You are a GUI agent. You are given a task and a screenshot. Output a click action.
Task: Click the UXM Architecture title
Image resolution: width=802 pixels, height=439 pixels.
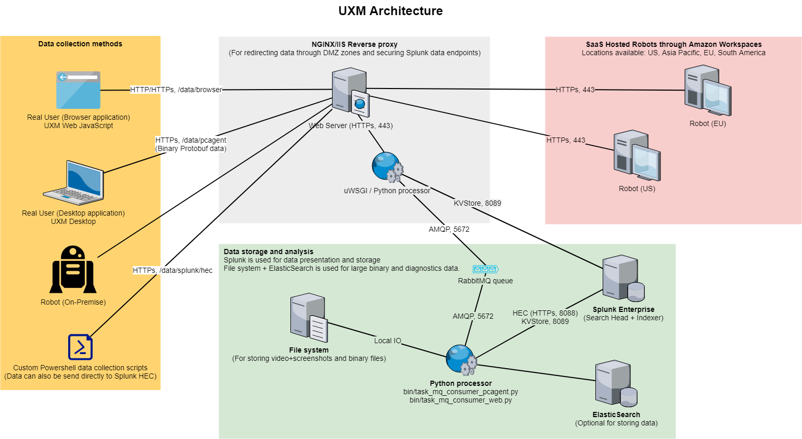[390, 11]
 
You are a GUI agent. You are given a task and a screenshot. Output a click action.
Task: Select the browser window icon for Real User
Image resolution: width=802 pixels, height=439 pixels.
[78, 90]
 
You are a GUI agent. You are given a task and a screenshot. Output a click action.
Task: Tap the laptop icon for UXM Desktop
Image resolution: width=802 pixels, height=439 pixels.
[74, 183]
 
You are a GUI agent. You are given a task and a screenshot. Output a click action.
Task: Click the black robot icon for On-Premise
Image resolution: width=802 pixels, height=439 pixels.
[73, 270]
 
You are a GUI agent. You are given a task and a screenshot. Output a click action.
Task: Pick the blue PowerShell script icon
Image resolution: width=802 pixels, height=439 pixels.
[80, 347]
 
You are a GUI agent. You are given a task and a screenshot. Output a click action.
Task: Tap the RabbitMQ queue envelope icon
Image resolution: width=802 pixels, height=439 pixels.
[485, 269]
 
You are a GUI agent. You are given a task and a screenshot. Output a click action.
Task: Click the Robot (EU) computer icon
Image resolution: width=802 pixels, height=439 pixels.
[707, 91]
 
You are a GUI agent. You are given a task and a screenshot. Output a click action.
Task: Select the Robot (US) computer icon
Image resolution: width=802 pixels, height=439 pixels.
[636, 156]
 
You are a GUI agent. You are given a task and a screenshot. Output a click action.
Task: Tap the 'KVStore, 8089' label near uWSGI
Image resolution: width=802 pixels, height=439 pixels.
[477, 203]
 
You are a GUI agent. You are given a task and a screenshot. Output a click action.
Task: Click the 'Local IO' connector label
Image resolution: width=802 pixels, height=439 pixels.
[388, 341]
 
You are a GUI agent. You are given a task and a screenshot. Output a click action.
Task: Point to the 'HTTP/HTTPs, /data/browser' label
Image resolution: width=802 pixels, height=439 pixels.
[176, 90]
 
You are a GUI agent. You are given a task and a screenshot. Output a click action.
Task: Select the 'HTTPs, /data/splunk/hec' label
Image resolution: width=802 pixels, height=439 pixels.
[172, 270]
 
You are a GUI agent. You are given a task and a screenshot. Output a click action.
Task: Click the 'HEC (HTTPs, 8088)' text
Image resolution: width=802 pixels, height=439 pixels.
[545, 313]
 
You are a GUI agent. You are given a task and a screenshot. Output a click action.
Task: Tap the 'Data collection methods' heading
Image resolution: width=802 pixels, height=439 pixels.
[80, 44]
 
